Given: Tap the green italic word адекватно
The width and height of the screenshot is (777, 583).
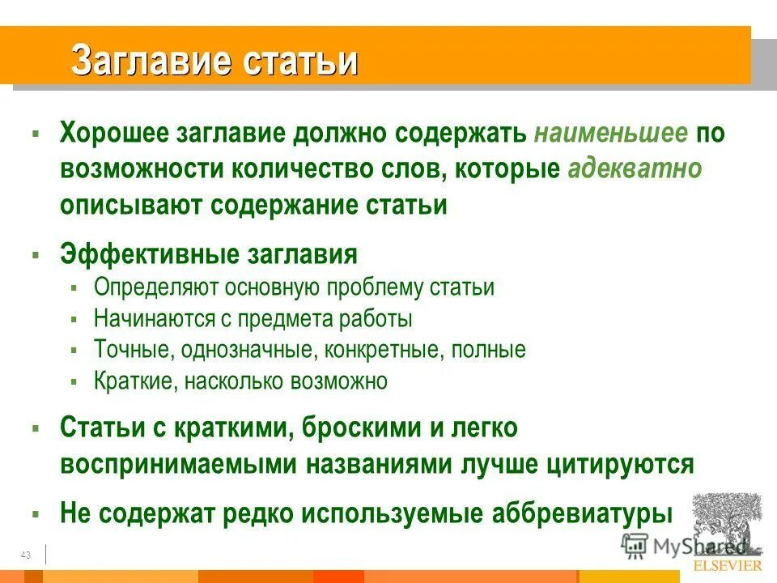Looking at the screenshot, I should [635, 169].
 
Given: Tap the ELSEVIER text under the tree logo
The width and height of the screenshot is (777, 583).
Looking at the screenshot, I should [728, 565].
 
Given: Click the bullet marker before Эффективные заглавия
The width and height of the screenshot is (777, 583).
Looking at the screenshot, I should [36, 255].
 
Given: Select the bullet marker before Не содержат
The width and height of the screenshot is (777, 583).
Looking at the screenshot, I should [36, 513].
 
